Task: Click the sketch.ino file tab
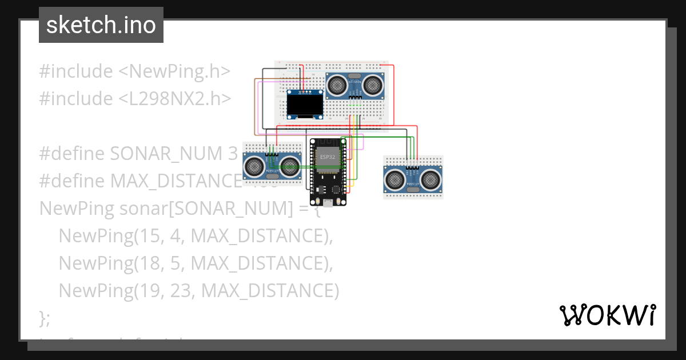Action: pos(101,25)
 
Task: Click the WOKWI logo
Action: pos(607,315)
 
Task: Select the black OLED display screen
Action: pos(305,105)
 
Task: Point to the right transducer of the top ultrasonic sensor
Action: pos(373,85)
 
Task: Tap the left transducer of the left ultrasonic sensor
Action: pos(254,167)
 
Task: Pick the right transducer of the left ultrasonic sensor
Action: pos(290,167)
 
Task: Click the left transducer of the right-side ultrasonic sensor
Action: pos(394,179)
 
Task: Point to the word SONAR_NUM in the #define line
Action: pos(165,154)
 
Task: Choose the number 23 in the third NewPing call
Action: pos(182,291)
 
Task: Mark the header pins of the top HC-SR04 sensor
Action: pos(355,98)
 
